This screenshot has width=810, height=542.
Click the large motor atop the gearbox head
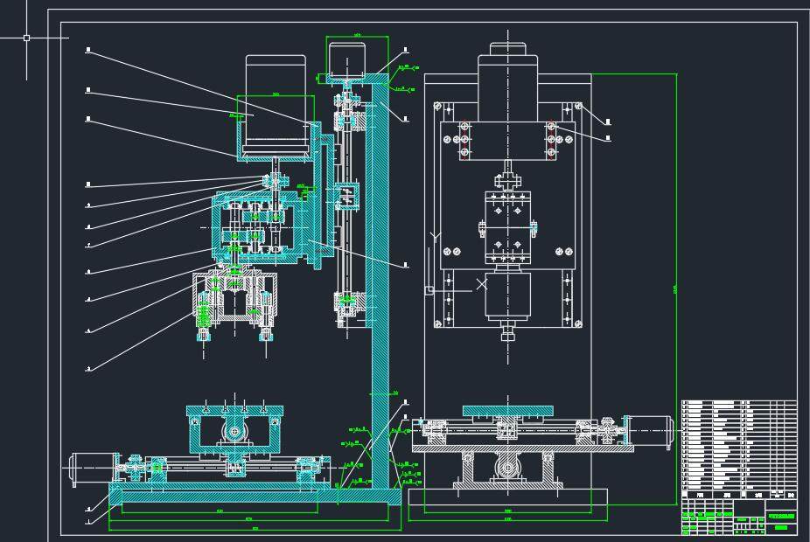[x=276, y=105]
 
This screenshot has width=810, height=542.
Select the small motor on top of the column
[x=347, y=59]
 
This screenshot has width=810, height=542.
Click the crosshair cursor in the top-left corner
[x=26, y=38]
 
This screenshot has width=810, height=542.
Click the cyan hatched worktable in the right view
[x=508, y=410]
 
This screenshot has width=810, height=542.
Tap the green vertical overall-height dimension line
[x=676, y=288]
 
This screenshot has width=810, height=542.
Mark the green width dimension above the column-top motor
[x=357, y=37]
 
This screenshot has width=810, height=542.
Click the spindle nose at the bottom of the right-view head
[x=506, y=333]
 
